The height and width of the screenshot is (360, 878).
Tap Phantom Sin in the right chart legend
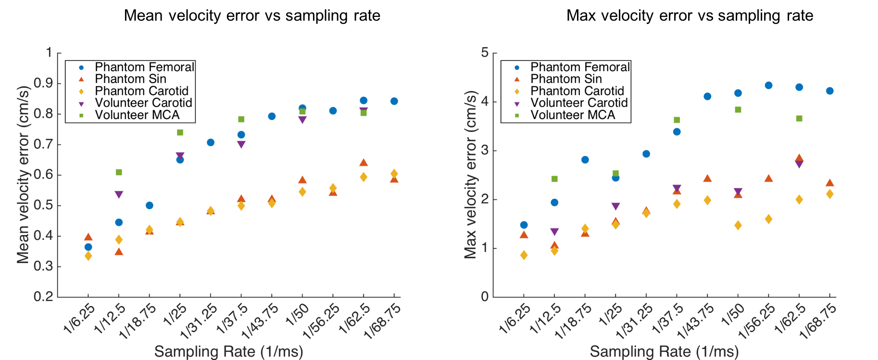click(x=566, y=79)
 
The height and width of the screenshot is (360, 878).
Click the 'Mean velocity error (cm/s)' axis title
click(x=23, y=175)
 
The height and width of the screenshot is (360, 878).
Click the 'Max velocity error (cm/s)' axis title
click(x=470, y=175)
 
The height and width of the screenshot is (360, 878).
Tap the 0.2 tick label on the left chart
click(x=43, y=297)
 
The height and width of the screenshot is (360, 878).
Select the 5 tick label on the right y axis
click(x=484, y=52)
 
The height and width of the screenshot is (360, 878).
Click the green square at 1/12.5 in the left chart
click(x=119, y=172)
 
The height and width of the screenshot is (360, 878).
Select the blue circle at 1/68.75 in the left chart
click(x=394, y=101)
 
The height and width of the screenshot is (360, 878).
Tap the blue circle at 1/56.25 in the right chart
click(x=768, y=86)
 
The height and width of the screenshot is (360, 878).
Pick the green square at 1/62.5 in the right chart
click(x=799, y=118)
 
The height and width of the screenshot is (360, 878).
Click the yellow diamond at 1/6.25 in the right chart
click(x=524, y=255)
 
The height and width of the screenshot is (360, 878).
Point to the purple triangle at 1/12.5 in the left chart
click(x=119, y=195)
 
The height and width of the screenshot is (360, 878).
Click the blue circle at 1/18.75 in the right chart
click(x=585, y=160)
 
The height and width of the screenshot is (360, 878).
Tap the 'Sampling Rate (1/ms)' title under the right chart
click(x=664, y=352)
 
